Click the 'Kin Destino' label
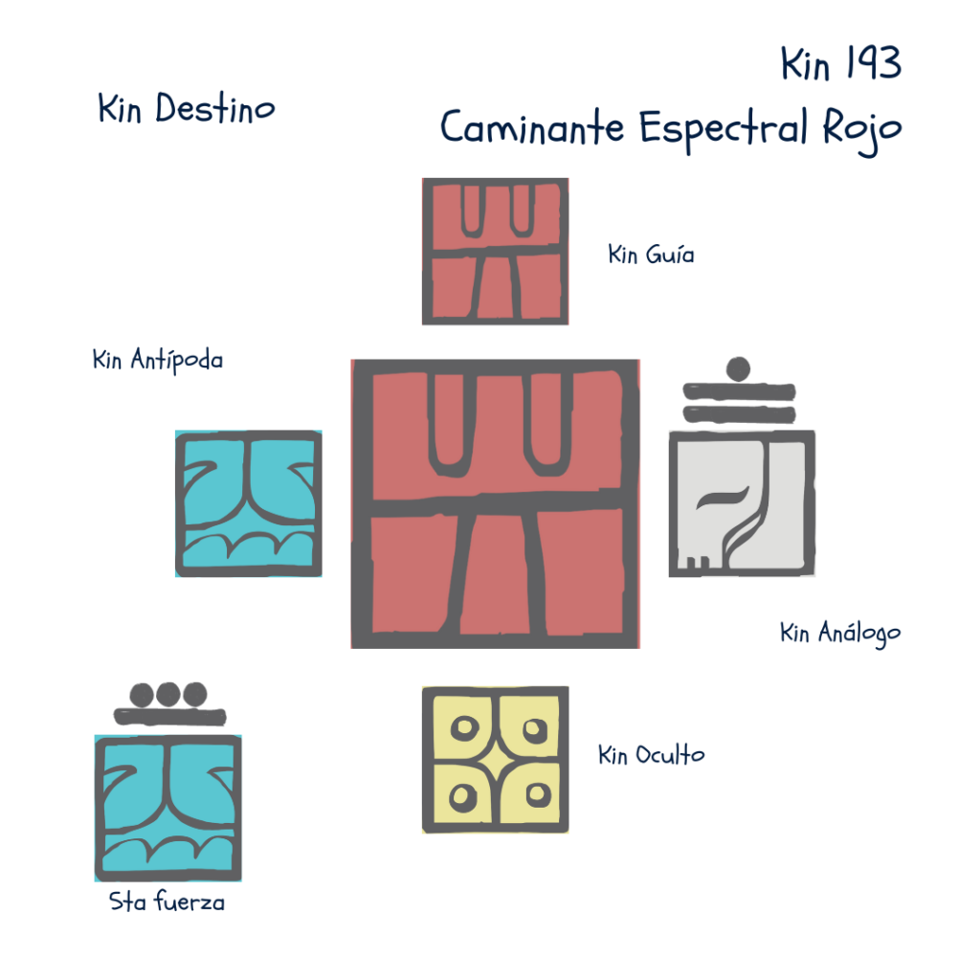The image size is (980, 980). point(186,109)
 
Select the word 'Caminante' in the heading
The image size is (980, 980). point(532,127)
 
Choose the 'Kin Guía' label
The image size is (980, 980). point(651,256)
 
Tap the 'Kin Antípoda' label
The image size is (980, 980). point(158,361)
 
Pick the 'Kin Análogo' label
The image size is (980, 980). point(840,633)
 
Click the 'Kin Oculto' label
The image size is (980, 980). point(651,755)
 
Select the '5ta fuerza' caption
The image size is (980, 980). point(167,902)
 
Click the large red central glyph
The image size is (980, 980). point(495,503)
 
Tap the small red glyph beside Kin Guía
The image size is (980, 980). point(495,251)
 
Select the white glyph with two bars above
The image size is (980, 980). point(742,503)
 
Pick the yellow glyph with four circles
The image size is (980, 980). point(495,760)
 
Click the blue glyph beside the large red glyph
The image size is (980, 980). point(249,503)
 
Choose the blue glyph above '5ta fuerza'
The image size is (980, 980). point(168,808)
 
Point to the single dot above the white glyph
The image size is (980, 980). point(738,368)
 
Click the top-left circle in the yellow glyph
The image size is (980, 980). point(464,729)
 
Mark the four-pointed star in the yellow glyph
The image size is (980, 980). point(495,761)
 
